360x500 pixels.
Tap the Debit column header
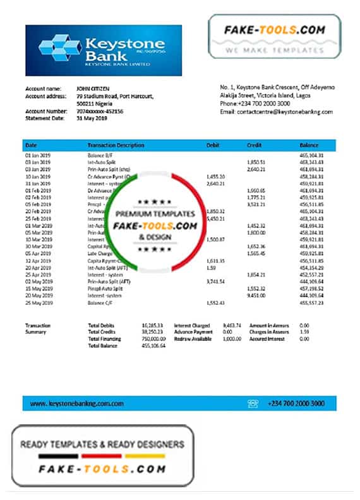pos(213,145)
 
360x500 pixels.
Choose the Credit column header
pos(254,145)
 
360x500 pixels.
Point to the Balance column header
pos(308,145)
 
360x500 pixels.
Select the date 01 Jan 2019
pos(37,155)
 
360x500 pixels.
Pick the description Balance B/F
pos(101,155)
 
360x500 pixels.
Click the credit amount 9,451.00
pos(255,295)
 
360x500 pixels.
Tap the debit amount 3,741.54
pos(215,281)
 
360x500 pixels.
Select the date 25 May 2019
pos(37,302)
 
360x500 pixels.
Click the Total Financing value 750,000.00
pos(153,339)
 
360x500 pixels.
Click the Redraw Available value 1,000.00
pos(232,339)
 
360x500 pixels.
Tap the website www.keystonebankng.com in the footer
pos(77,403)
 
